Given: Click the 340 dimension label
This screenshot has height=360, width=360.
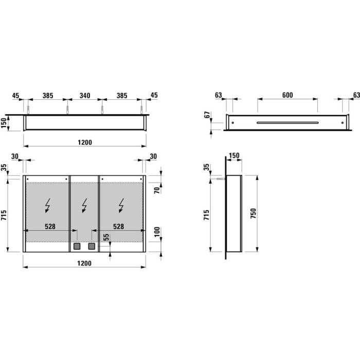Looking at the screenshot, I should point(85,96).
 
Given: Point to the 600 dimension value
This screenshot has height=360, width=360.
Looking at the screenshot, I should point(287,95).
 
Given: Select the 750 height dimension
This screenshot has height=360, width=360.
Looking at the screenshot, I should point(253,213).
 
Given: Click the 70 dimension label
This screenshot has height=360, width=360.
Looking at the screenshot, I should point(157,190).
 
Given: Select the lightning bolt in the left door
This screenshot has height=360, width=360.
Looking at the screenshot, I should point(47,206).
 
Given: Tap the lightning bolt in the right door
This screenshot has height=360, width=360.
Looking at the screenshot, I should point(121,206).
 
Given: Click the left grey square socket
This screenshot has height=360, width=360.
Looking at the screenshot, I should point(78,246).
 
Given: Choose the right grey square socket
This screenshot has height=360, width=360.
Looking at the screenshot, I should point(92,246).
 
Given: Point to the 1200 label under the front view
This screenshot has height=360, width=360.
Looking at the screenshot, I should point(85,263).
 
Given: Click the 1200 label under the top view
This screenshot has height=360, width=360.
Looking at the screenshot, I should point(85,142).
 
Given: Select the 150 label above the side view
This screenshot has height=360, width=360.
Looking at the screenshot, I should point(233,155).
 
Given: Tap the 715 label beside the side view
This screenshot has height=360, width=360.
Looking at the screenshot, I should point(208,213).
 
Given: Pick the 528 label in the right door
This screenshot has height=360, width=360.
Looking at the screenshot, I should point(118,226).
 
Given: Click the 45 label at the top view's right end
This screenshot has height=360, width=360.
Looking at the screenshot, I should point(154,96).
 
